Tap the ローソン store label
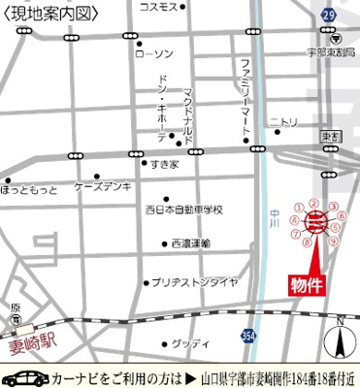tap(155, 52)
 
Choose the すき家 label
tap(165, 165)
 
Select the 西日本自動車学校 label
tap(184, 210)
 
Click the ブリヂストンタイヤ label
tap(194, 282)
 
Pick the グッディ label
tap(189, 343)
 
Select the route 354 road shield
tap(249, 335)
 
